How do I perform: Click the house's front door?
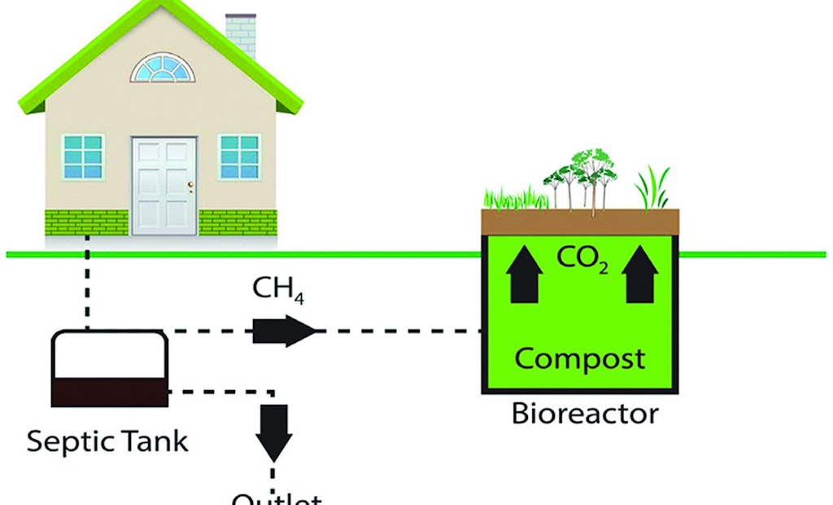[164, 186]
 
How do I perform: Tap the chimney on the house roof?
[241, 33]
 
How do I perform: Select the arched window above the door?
[163, 69]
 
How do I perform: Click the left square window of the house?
[83, 157]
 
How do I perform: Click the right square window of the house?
[239, 157]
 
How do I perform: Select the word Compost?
[580, 358]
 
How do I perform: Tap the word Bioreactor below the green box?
[584, 414]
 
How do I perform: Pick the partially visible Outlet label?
[277, 498]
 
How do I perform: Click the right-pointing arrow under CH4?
[284, 332]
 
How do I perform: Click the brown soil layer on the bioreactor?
[580, 221]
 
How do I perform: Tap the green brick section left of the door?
[87, 222]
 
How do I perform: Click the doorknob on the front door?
[190, 185]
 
